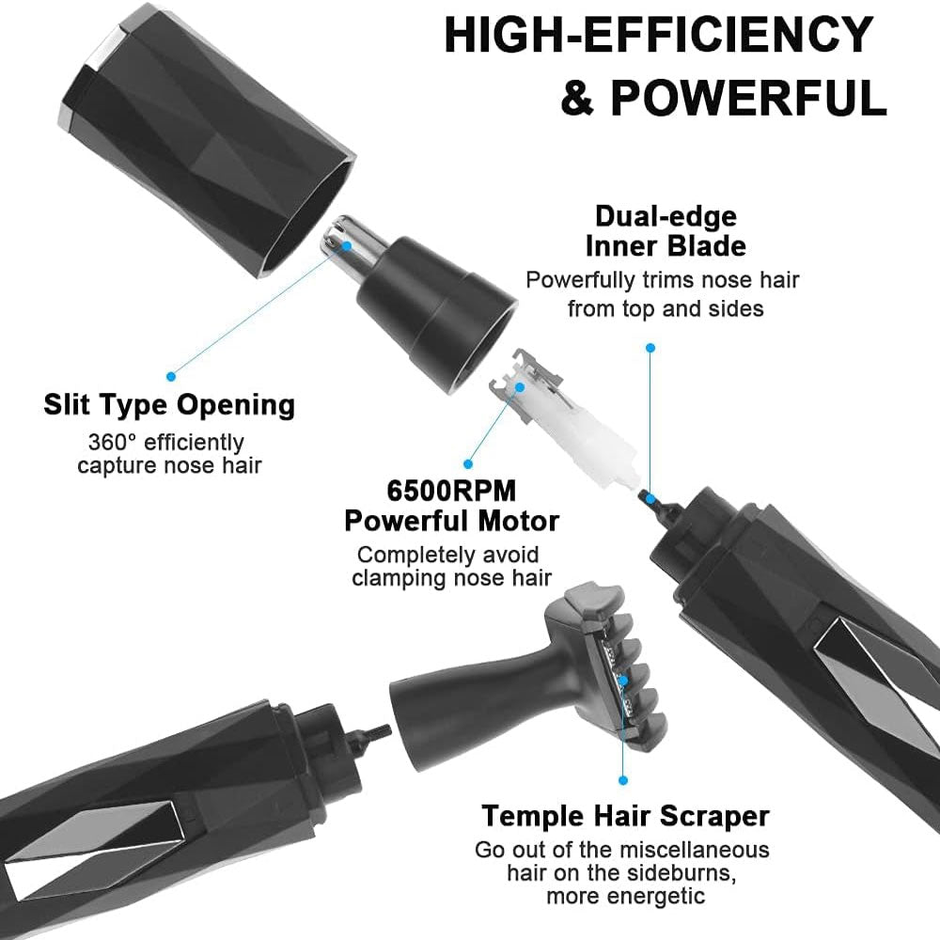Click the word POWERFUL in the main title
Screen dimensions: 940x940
748,97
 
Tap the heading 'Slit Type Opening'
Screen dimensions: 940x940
169,405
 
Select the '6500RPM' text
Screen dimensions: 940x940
451,491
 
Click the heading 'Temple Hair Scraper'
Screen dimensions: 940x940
625,816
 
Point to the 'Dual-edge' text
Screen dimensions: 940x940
666,216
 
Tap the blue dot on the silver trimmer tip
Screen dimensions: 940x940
347,245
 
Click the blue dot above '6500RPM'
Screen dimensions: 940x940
468,464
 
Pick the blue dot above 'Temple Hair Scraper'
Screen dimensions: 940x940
623,780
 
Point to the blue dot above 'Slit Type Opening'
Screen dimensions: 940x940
171,377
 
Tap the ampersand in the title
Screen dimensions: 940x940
577,98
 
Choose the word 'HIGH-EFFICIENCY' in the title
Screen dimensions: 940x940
658,35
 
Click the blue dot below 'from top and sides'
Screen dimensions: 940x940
650,348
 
